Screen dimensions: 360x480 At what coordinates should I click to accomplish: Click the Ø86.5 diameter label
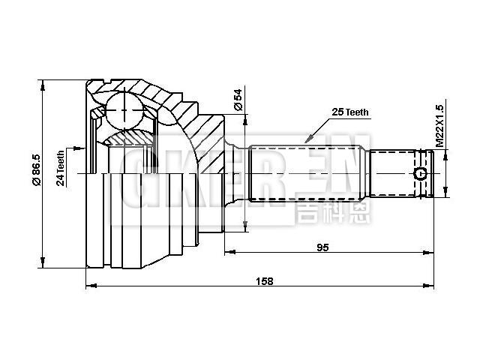tap(35, 172)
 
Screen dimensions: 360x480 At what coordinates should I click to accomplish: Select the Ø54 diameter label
tap(238, 100)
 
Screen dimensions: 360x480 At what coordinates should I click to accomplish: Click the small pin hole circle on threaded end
tap(421, 175)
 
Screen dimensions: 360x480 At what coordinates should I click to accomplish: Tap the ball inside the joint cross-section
tap(121, 111)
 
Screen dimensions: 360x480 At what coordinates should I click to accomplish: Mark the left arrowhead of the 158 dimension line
tap(91, 286)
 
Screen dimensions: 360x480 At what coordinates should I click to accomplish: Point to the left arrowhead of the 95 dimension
tap(227, 253)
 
